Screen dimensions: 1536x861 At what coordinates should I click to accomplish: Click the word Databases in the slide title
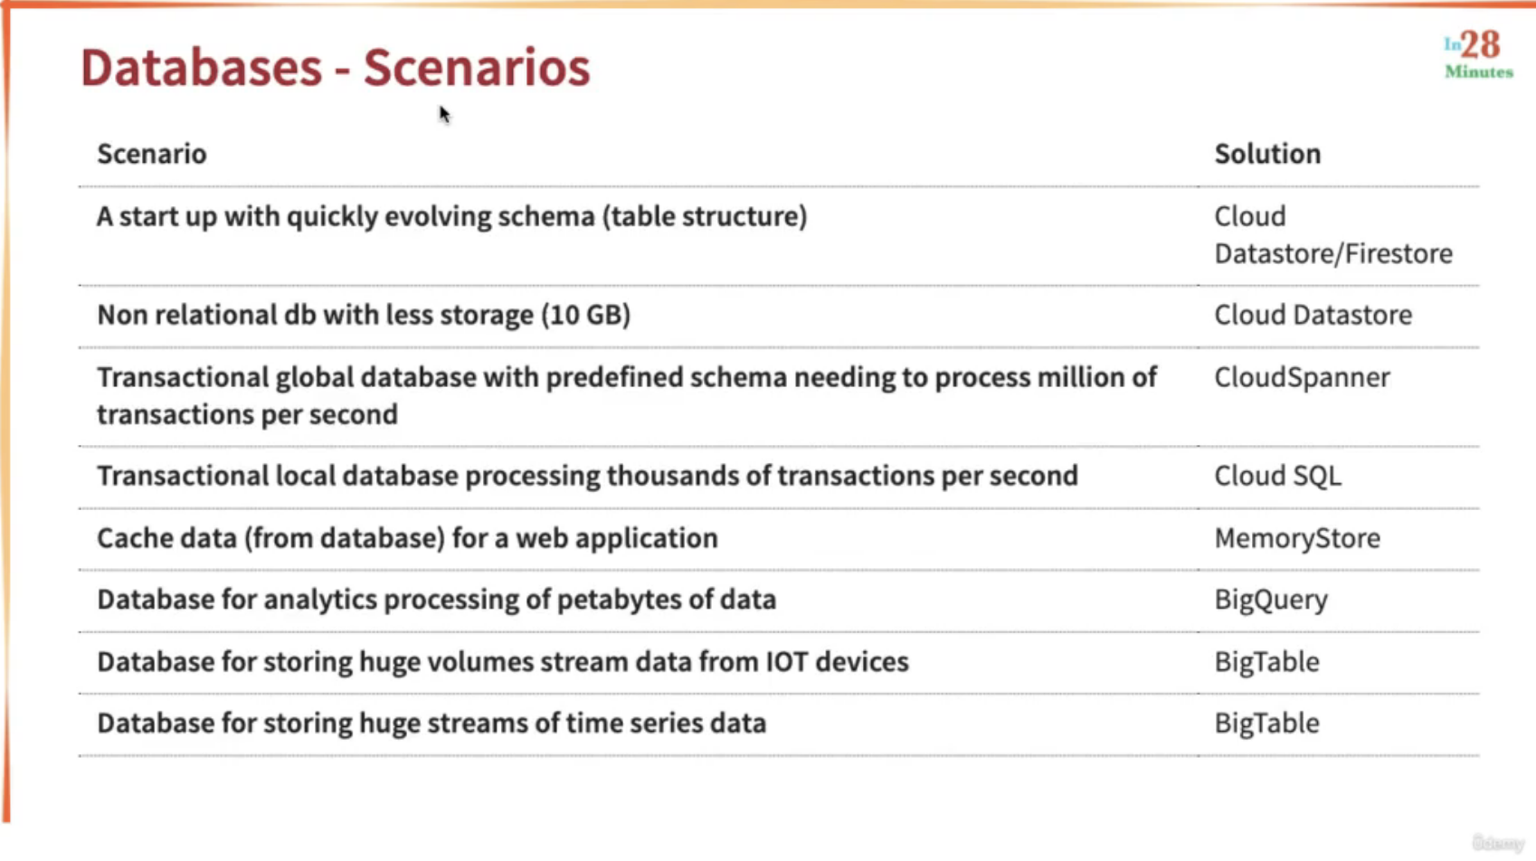(x=201, y=67)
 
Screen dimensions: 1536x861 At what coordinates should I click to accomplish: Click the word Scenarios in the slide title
(x=477, y=67)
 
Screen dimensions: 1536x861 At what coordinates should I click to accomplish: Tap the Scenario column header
(x=152, y=154)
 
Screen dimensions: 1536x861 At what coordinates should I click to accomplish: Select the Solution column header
(x=1267, y=154)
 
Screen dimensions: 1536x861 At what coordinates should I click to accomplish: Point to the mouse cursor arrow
(x=444, y=114)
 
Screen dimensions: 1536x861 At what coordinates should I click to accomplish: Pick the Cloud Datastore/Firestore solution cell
(x=1333, y=234)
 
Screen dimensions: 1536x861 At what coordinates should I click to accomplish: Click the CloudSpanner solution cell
(x=1303, y=377)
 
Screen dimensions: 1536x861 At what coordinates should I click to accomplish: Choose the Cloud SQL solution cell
(x=1277, y=476)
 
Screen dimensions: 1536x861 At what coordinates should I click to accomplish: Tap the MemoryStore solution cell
(x=1297, y=538)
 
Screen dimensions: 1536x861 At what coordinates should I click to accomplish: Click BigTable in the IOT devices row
(x=1266, y=662)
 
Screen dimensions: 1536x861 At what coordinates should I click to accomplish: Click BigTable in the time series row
(x=1266, y=724)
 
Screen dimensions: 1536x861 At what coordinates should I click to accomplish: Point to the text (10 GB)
(x=585, y=316)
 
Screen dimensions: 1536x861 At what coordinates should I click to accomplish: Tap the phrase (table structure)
(x=705, y=217)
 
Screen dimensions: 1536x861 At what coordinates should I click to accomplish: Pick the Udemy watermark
(x=1498, y=842)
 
